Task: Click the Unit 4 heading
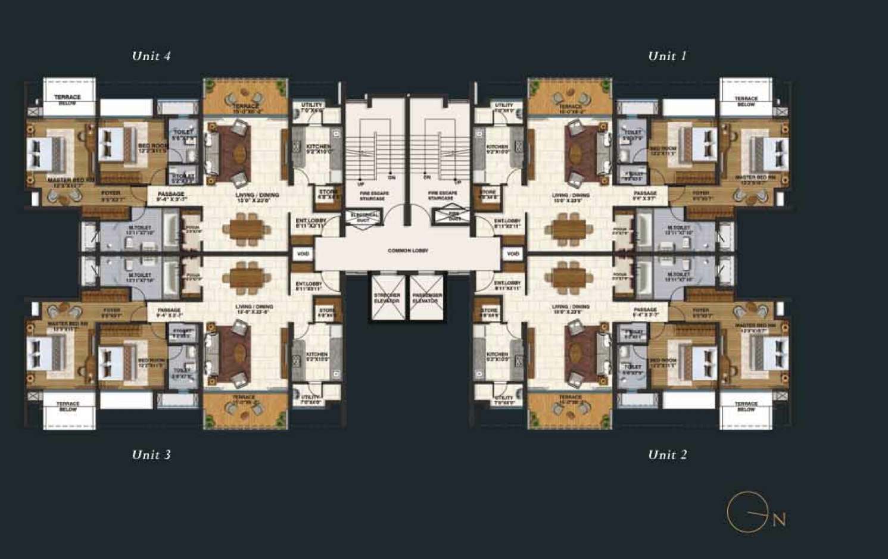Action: [x=151, y=56]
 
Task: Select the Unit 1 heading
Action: [x=667, y=56]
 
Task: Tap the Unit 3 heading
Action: [x=151, y=455]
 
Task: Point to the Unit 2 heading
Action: [x=667, y=455]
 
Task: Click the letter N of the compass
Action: [x=779, y=520]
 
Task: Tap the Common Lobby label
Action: [x=408, y=251]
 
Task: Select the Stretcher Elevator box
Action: [x=387, y=298]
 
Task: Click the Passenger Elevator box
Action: [x=427, y=298]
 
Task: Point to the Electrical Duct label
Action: [x=364, y=217]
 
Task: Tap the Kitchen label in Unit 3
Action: [x=317, y=357]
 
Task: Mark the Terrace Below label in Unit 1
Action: [x=746, y=101]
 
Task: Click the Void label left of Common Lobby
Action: [x=303, y=254]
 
